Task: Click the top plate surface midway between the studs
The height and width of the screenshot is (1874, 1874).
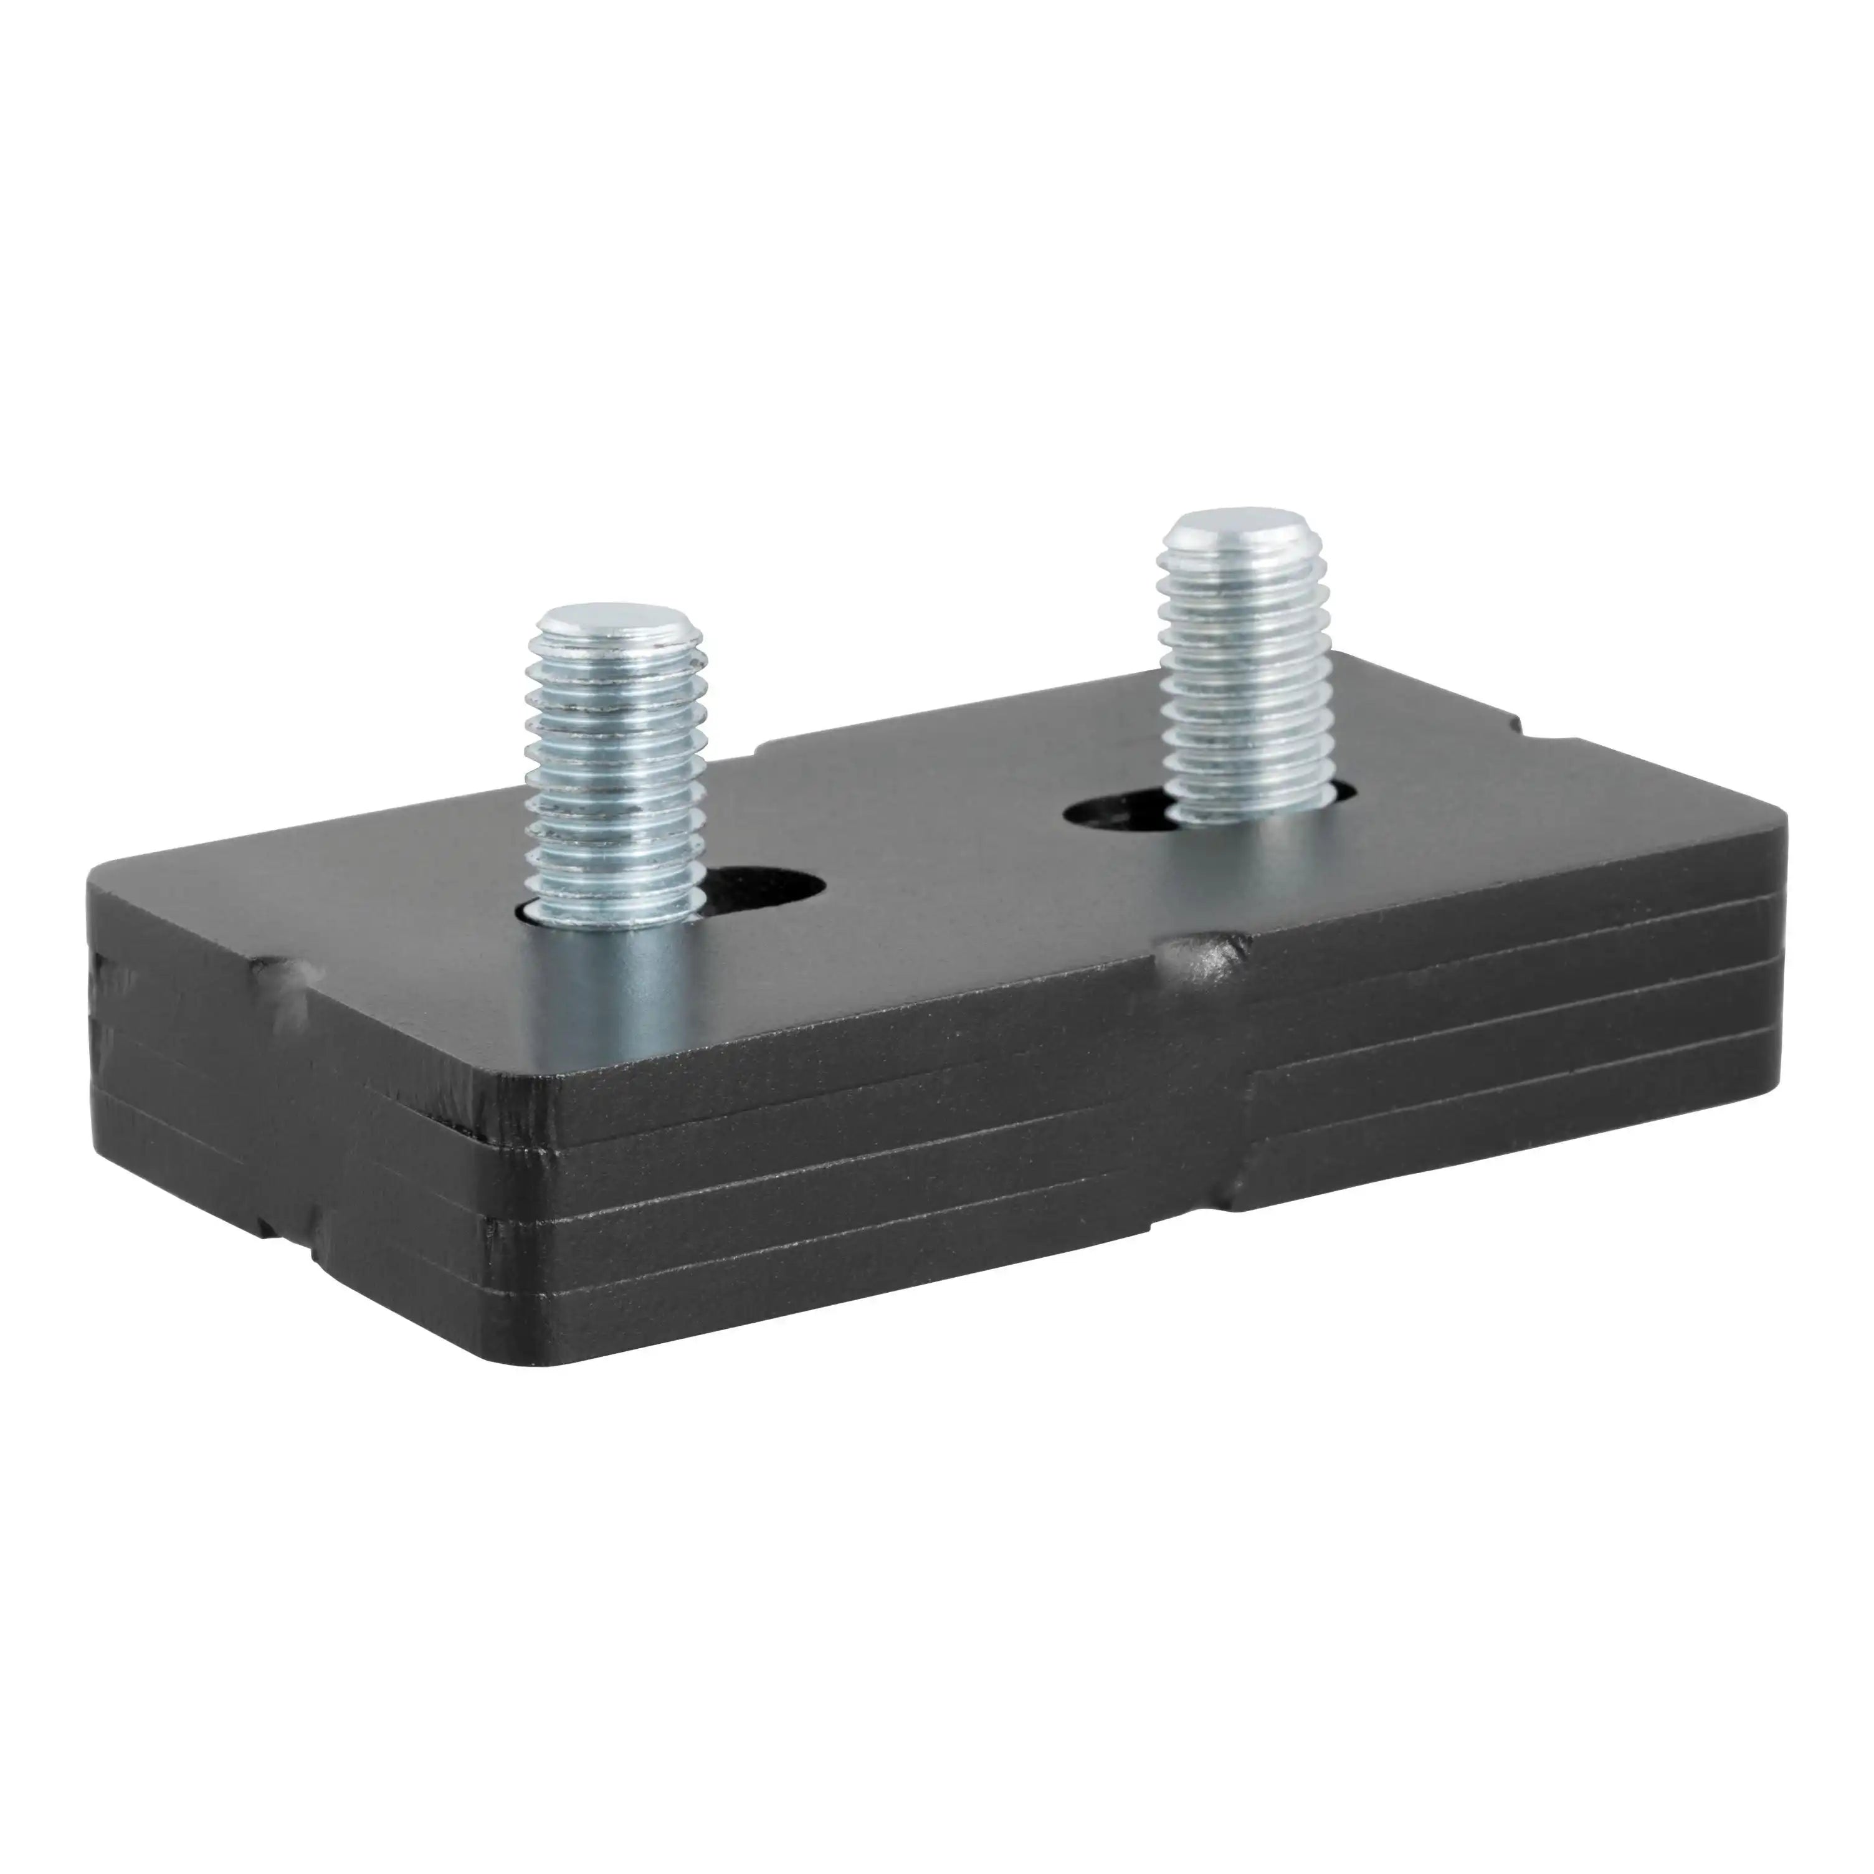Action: point(931,844)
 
